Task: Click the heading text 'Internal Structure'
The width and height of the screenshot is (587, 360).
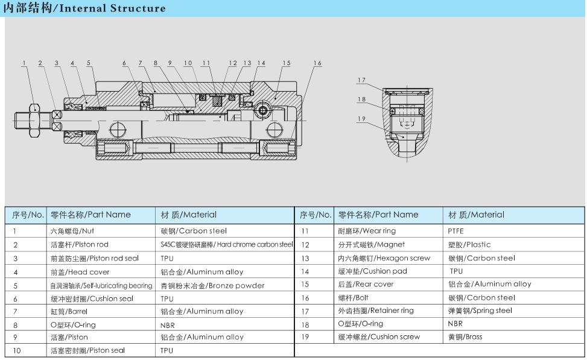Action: coord(112,8)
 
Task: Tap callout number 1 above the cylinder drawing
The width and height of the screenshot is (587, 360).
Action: coord(24,63)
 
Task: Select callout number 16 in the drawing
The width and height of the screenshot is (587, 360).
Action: coord(317,63)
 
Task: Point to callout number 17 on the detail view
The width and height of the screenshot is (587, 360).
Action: coord(361,80)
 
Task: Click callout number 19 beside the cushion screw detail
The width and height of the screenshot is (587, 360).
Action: coord(361,119)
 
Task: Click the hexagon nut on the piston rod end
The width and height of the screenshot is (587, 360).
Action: coord(34,121)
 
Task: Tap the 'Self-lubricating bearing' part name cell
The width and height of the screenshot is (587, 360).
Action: coord(101,286)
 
